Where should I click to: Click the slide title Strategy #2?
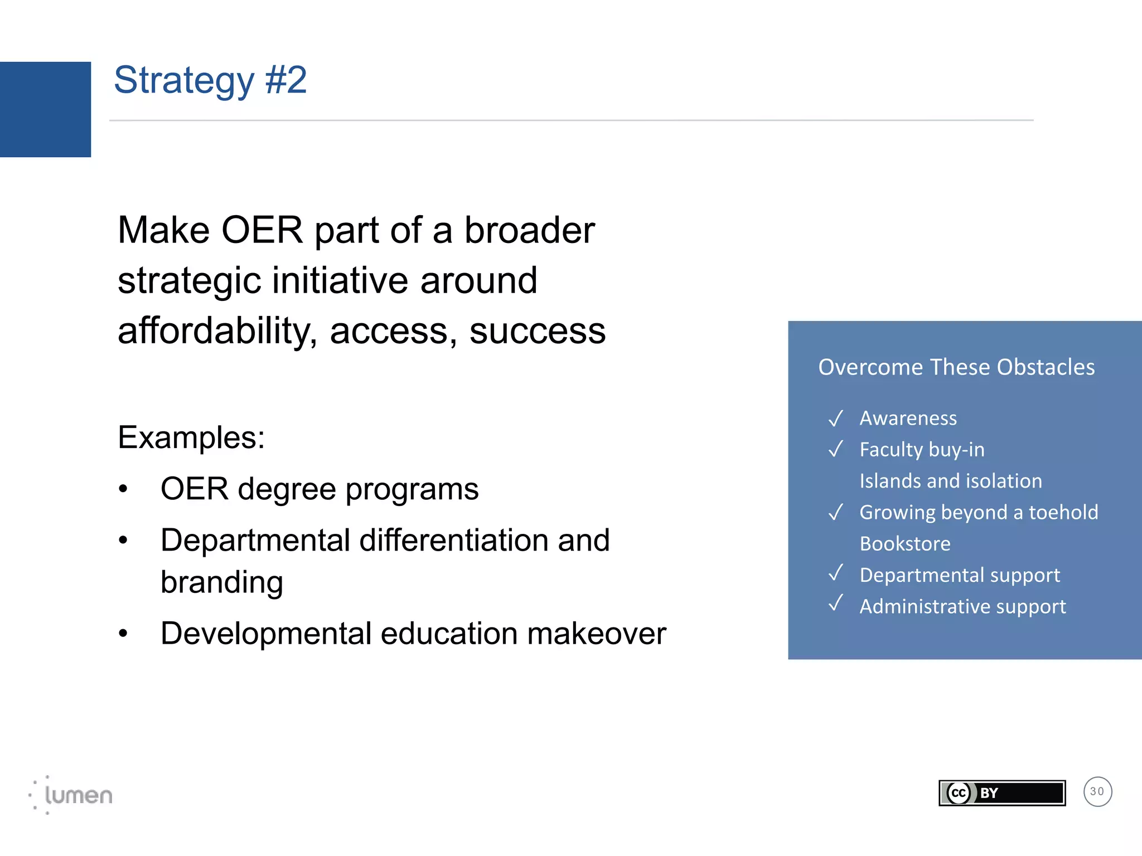point(210,80)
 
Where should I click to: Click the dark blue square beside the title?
point(45,109)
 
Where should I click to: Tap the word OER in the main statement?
point(262,230)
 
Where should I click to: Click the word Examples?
point(191,437)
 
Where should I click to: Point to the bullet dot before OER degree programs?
point(123,489)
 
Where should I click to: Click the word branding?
point(222,582)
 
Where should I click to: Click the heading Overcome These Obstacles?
point(956,367)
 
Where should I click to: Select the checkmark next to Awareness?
point(835,418)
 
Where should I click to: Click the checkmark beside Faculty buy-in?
point(835,449)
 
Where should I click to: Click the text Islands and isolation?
point(951,481)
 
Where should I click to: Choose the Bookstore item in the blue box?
point(905,544)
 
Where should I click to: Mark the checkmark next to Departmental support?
point(835,573)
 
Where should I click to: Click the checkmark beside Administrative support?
point(835,604)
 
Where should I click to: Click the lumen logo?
point(71,795)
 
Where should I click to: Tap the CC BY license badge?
point(1001,792)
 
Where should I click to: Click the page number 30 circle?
point(1097,791)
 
